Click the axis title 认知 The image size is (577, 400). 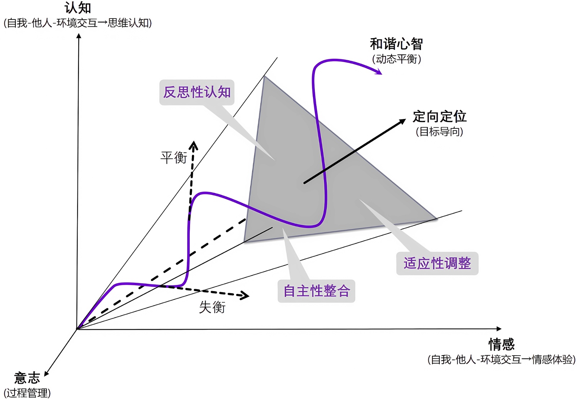[x=78, y=8]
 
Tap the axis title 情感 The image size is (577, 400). [x=501, y=344]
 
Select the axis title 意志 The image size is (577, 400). [x=27, y=378]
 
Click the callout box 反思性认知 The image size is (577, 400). [x=197, y=92]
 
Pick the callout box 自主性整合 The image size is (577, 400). [x=316, y=291]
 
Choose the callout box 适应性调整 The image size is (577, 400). [x=437, y=263]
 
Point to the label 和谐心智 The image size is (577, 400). [x=396, y=44]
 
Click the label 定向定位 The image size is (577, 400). [x=439, y=117]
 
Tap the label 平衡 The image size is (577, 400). [x=173, y=158]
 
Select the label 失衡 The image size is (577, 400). [x=212, y=307]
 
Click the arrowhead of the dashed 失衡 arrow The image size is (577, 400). [x=246, y=296]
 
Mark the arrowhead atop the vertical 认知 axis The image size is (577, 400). [x=79, y=35]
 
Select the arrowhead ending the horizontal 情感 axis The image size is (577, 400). [x=499, y=329]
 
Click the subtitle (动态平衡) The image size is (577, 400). [x=396, y=59]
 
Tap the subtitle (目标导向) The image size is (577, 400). [x=439, y=131]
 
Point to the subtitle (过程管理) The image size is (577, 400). [x=27, y=393]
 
